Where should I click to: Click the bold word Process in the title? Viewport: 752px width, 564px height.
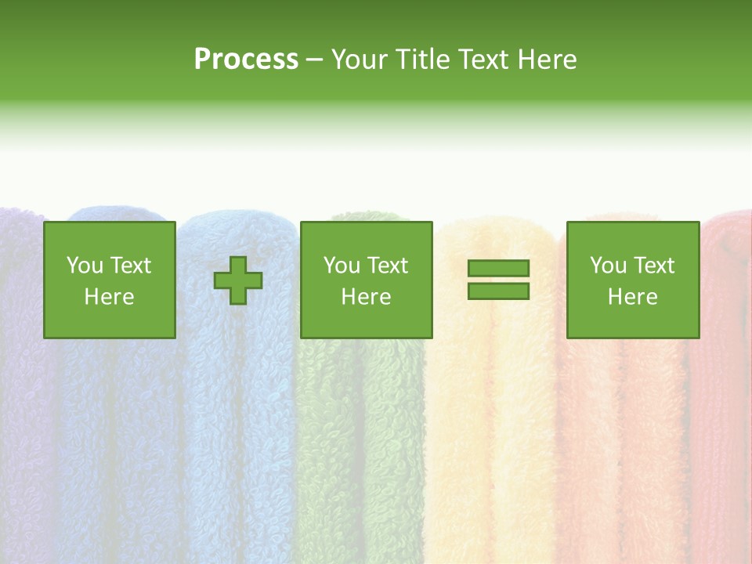[x=246, y=60]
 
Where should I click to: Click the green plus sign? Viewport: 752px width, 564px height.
[x=238, y=280]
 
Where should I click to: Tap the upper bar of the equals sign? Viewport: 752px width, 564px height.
[x=498, y=269]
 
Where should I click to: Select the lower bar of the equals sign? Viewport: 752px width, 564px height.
[x=498, y=291]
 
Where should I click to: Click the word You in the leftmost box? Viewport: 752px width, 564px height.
[x=85, y=266]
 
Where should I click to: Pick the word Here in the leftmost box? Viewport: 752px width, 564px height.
[x=109, y=297]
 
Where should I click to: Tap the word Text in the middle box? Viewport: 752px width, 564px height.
[x=387, y=266]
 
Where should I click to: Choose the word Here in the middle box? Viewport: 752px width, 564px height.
[x=366, y=297]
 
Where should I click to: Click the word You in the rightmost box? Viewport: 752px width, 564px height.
[x=608, y=266]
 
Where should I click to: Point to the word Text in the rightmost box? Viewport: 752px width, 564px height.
[x=653, y=266]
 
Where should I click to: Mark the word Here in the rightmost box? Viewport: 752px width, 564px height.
[x=632, y=297]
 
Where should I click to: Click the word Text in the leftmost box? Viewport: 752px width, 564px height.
[x=130, y=266]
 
